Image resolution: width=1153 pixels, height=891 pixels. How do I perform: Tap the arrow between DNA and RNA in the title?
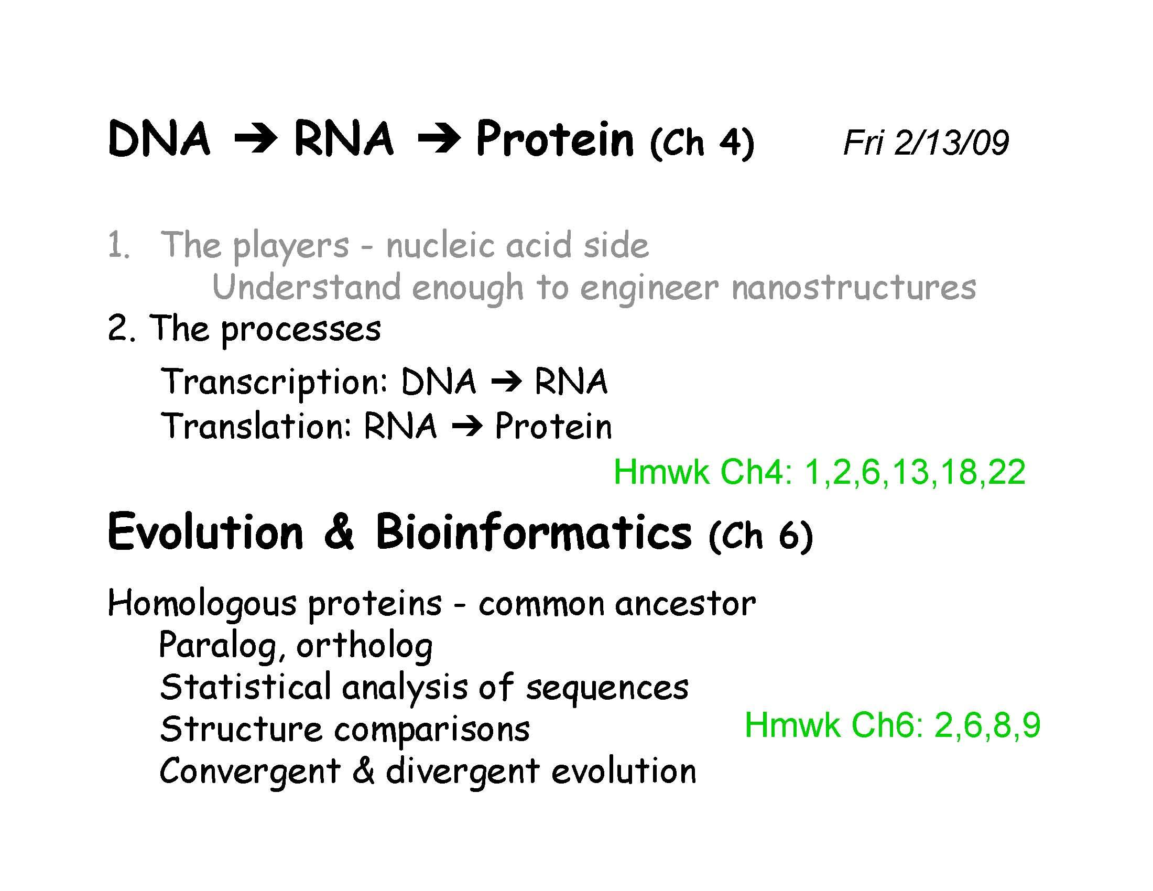pos(256,140)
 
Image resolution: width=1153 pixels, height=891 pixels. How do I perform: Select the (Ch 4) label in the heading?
pos(702,143)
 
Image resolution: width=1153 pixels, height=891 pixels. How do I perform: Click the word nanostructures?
pos(854,288)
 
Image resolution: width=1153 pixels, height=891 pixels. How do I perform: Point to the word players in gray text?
pos(291,246)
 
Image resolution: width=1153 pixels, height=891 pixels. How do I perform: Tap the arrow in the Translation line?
pos(466,427)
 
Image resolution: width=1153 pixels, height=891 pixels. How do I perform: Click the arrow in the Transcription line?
pos(506,382)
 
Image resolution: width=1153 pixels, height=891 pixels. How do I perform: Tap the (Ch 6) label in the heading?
pos(761,536)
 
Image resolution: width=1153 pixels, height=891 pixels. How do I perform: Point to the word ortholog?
pos(364,646)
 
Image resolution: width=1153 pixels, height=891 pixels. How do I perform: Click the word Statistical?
pos(245,687)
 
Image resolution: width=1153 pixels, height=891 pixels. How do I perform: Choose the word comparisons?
pos(432,730)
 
